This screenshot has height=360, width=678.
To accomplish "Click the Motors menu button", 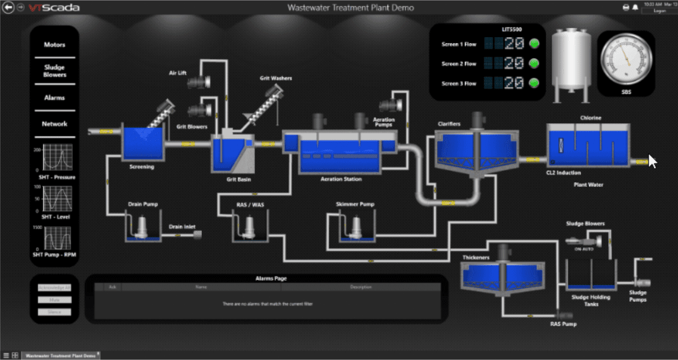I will tap(54, 45).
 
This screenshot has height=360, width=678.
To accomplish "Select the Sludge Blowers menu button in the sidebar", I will tap(54, 71).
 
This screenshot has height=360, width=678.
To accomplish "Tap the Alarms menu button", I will tap(54, 98).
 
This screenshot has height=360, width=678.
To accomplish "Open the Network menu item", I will tap(54, 124).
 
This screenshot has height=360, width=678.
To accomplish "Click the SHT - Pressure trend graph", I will tap(58, 158).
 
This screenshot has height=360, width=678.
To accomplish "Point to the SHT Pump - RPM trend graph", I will tap(58, 238).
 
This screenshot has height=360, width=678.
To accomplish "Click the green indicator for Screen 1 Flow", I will tap(534, 44).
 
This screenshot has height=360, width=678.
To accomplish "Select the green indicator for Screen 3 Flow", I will tap(534, 83).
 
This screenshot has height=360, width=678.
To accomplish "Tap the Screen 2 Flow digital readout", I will tap(504, 64).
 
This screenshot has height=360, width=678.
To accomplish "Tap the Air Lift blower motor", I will tap(198, 83).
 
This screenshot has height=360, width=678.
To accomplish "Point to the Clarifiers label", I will tap(448, 124).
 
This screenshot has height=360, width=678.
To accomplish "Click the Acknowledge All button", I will tap(54, 287).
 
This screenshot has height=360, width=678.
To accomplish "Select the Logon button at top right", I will tap(659, 11).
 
